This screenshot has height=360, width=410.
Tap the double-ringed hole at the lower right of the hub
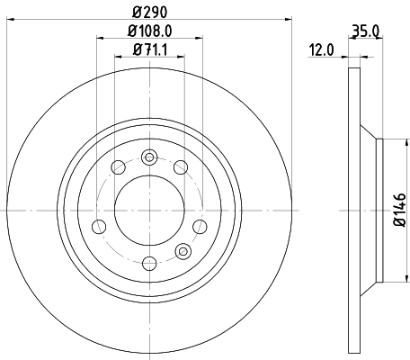click(184, 250)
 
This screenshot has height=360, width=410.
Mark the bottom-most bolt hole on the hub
click(150, 263)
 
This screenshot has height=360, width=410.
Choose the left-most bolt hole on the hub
click(100, 225)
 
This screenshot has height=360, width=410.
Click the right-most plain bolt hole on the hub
click(200, 225)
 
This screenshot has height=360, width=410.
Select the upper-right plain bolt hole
click(181, 166)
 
